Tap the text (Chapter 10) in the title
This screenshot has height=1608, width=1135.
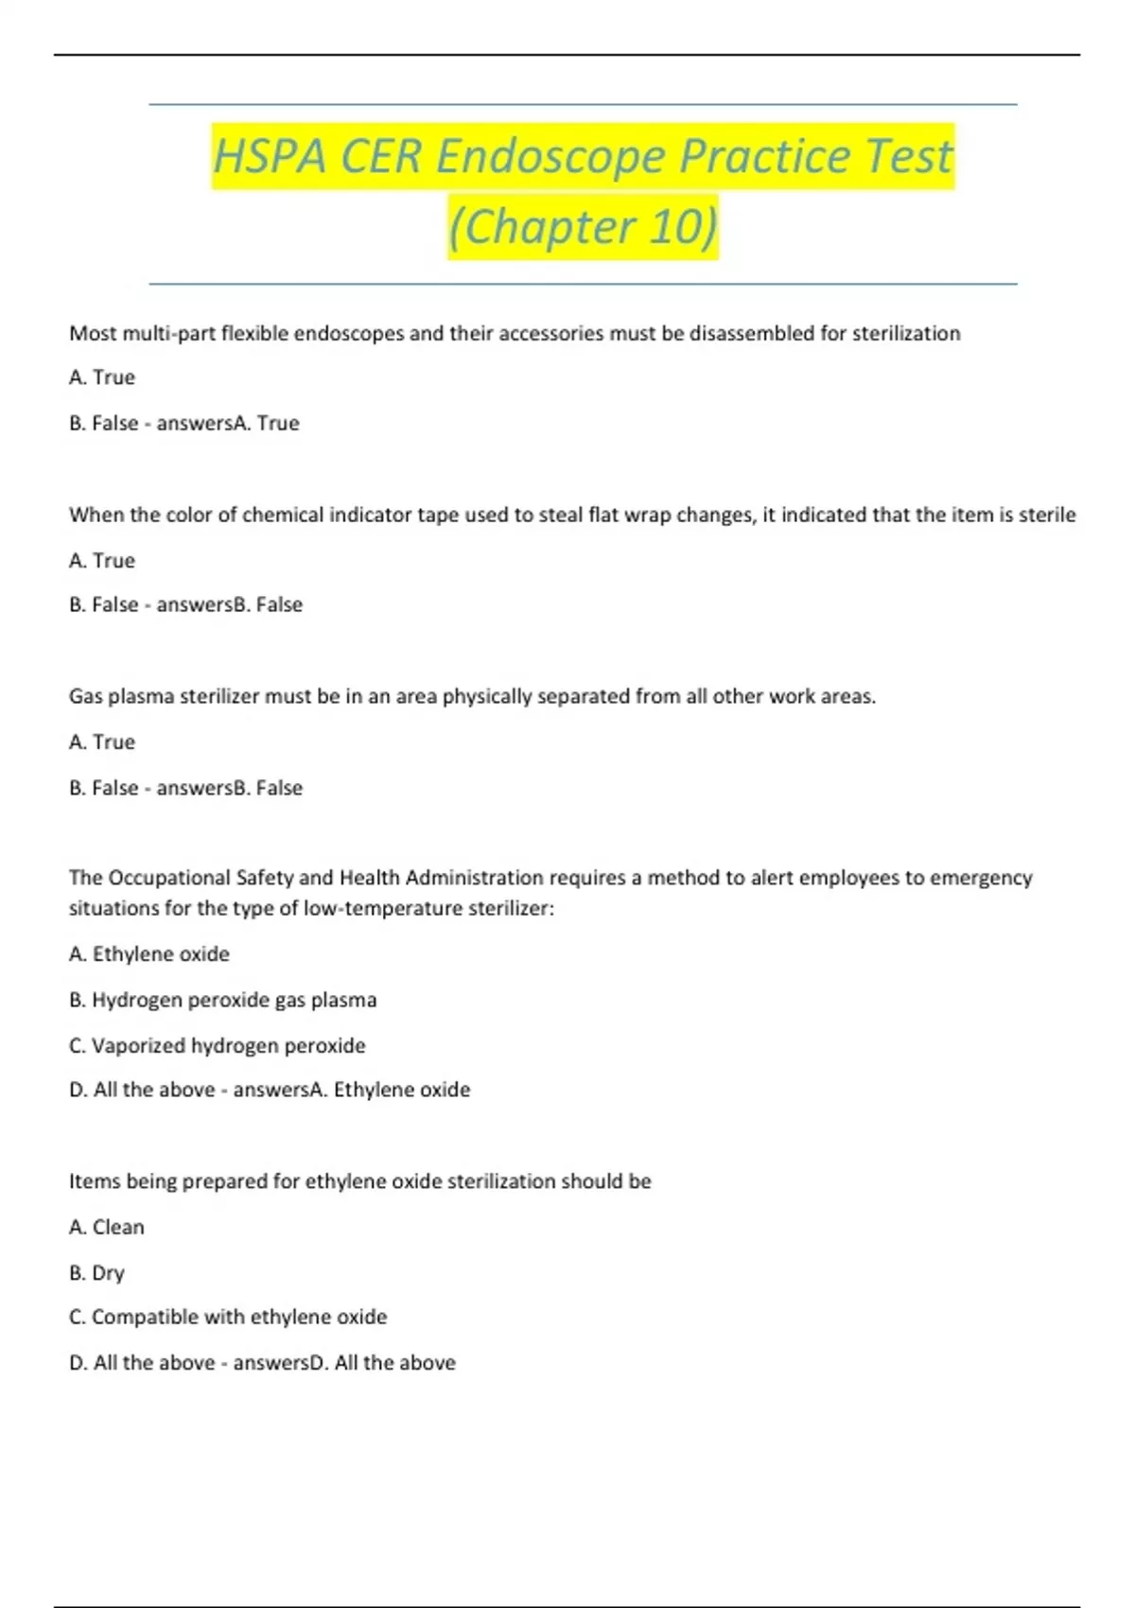tap(583, 227)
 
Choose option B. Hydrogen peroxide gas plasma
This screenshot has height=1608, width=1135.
tap(222, 1000)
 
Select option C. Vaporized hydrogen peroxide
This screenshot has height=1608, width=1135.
tap(217, 1045)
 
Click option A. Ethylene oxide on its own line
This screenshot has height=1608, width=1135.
tap(149, 953)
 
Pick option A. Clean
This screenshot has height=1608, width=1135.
tap(107, 1227)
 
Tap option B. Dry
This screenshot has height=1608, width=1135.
tap(96, 1272)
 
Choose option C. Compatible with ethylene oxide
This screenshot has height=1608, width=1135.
tap(228, 1317)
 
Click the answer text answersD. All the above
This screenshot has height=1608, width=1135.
tap(344, 1362)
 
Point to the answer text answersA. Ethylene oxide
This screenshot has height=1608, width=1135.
tap(351, 1090)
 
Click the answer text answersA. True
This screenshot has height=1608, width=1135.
tap(228, 423)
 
